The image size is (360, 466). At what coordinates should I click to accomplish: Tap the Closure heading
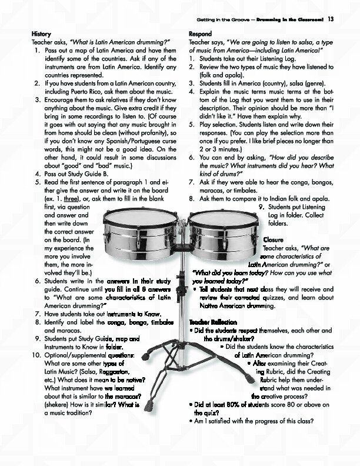[x=273, y=240]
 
